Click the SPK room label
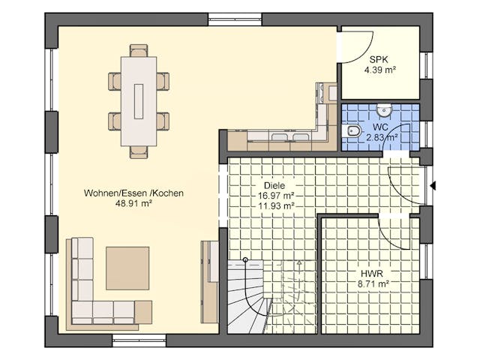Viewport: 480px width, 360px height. [379, 59]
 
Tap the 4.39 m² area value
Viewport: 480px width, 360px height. [379, 70]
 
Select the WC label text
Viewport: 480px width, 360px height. [379, 127]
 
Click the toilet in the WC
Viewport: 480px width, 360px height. [353, 132]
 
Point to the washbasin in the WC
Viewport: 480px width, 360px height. [384, 111]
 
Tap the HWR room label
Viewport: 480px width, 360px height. [371, 274]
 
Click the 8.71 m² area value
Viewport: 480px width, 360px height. [371, 284]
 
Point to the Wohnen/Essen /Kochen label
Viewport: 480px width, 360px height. [134, 193]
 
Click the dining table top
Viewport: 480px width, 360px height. [139, 101]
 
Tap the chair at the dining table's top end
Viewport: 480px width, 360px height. [139, 50]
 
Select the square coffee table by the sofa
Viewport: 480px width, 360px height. [127, 268]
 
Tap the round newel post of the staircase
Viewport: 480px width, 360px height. [244, 260]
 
